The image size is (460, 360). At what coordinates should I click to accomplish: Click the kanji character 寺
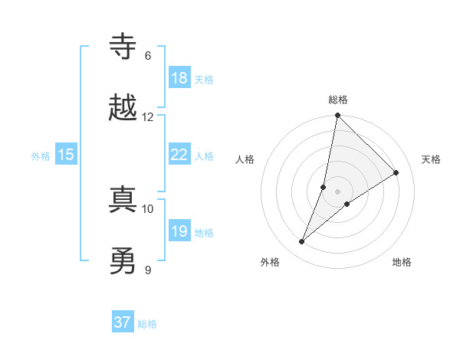[123, 47]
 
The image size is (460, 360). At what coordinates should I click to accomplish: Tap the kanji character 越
[123, 108]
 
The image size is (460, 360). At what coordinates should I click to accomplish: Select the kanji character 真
[123, 200]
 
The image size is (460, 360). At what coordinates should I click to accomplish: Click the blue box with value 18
[179, 78]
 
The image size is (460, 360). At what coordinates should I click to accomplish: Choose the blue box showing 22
[179, 155]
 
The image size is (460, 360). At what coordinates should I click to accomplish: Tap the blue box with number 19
[179, 231]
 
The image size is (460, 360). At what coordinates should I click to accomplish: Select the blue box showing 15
[66, 155]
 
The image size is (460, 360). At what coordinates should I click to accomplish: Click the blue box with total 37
[123, 322]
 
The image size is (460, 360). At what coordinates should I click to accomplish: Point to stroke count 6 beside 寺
[147, 56]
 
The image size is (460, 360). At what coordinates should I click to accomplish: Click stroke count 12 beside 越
[147, 116]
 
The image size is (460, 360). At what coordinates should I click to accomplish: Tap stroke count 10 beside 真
[147, 208]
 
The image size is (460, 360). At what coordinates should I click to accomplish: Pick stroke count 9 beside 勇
[147, 270]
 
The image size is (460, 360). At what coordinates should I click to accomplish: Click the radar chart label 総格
[338, 100]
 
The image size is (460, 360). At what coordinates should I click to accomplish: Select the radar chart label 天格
[431, 159]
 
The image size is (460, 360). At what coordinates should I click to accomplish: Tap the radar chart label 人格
[245, 159]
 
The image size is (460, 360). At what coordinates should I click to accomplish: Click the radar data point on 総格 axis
[338, 116]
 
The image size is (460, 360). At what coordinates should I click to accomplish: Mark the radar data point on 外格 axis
[302, 242]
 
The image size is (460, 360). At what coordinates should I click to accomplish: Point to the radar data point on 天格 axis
[396, 172]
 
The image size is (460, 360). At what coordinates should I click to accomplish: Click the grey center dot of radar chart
[338, 191]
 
